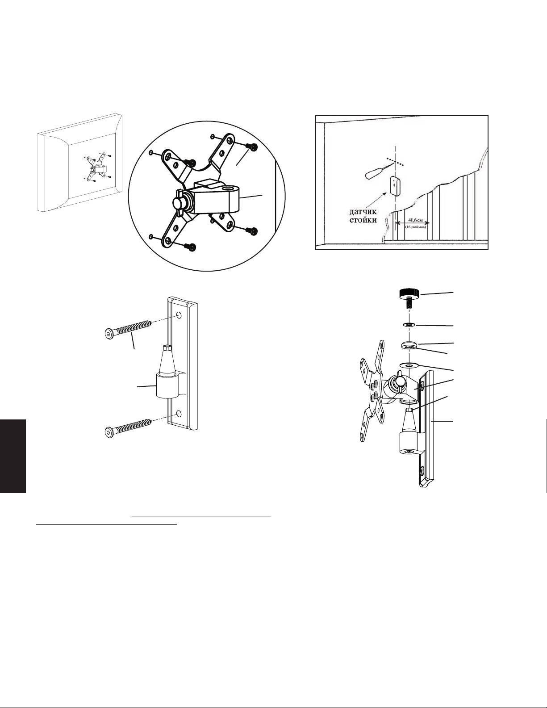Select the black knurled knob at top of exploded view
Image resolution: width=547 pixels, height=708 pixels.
click(408, 294)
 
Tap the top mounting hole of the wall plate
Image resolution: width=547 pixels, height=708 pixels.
click(178, 315)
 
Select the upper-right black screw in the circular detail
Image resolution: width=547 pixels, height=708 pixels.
click(254, 147)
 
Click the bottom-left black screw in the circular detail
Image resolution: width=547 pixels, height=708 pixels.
click(192, 247)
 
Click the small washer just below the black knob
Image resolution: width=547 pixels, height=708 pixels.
click(409, 325)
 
